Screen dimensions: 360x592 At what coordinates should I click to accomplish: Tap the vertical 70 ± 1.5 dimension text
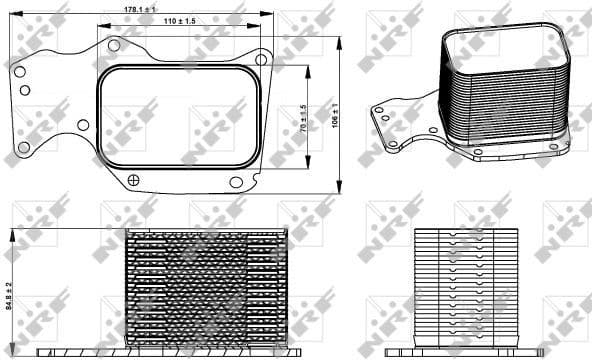302,118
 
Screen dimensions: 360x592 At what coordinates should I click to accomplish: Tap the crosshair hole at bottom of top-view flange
134,180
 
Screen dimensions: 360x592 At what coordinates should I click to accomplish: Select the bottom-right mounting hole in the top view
236,181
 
